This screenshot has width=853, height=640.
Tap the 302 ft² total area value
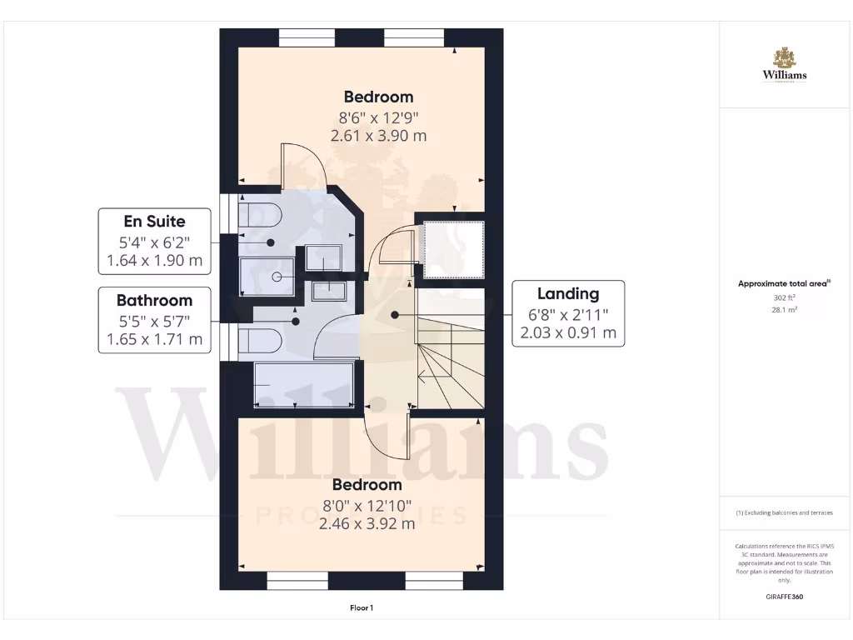[784, 297]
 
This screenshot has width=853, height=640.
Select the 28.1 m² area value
[784, 309]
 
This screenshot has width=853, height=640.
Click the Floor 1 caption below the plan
[362, 608]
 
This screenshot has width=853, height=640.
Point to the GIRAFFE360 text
[784, 597]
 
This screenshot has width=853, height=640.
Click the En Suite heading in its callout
[154, 222]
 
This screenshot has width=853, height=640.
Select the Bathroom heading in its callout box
[154, 301]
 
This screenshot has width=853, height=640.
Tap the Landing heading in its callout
[567, 293]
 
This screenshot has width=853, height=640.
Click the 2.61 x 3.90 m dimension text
[378, 136]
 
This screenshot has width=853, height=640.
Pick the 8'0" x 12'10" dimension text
[367, 505]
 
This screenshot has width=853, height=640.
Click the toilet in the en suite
[261, 214]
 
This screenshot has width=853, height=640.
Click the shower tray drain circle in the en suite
[277, 276]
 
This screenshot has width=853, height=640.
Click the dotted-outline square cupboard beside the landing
[454, 249]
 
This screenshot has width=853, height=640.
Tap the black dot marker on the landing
[394, 314]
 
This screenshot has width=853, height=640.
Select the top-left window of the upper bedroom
[307, 37]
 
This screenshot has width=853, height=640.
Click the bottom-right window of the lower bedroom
[433, 581]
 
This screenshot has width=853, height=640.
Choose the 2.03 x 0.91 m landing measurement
[567, 333]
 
